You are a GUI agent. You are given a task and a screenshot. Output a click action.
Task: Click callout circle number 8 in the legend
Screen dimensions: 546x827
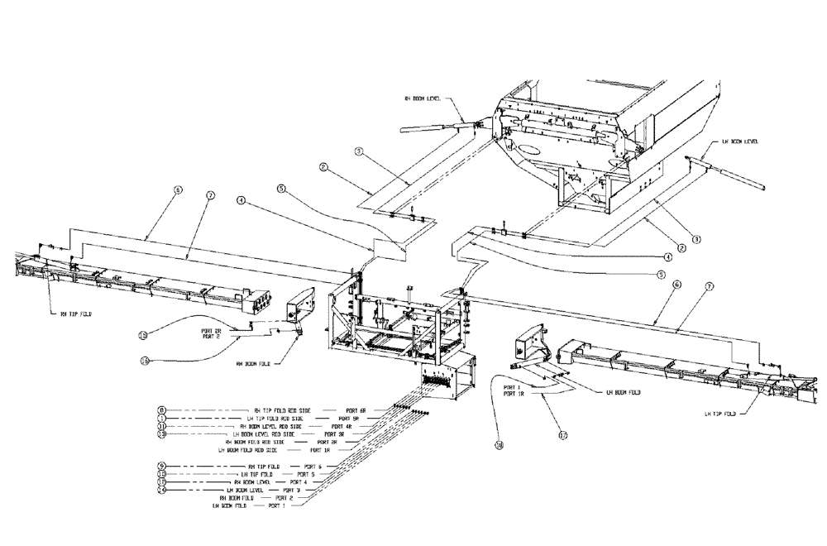[162, 410]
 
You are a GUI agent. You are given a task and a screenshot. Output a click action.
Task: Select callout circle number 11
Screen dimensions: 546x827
[162, 426]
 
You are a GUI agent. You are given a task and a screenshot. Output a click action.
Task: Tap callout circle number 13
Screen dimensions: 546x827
[162, 434]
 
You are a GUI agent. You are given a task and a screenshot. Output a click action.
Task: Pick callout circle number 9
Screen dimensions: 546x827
[162, 467]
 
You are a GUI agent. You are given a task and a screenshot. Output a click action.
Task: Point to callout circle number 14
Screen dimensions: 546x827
[162, 491]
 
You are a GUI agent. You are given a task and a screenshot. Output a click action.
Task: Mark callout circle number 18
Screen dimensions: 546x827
[500, 444]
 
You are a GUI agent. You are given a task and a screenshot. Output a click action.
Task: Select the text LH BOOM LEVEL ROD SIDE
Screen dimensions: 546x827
[265, 434]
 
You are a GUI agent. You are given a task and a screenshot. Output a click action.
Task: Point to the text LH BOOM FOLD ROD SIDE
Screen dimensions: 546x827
[247, 450]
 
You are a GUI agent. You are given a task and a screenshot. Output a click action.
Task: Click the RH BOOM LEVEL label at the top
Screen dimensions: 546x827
[423, 98]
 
